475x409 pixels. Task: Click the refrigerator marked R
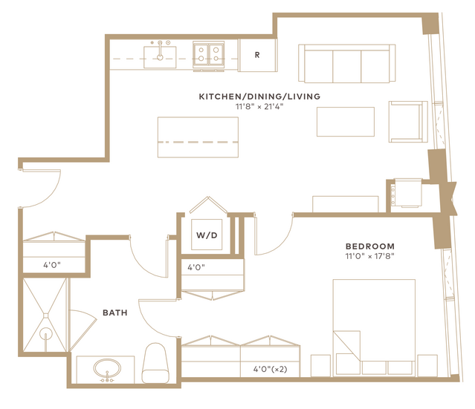pos(257,55)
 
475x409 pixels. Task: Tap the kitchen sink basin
pos(160,57)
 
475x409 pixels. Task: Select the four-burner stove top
pos(209,54)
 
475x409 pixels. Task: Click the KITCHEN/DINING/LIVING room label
pos(259,96)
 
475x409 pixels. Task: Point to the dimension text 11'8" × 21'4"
pos(259,106)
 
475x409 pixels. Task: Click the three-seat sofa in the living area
pos(347,63)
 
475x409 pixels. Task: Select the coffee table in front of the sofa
pos(346,122)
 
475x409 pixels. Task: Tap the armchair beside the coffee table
pos(408,122)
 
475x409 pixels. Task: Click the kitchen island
pos(198,137)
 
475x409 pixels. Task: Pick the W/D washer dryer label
pos(207,235)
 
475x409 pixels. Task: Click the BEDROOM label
pos(370,246)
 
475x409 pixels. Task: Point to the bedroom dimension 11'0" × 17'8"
pos(370,256)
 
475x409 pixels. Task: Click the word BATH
pos(114,313)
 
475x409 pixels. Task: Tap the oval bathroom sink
pos(107,368)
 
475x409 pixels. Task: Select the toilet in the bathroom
pos(155,363)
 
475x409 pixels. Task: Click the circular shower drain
pos(46,334)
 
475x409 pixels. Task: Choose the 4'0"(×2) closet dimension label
pos(271,369)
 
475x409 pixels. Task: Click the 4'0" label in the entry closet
pos(52,265)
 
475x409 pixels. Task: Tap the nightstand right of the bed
pos(427,365)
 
